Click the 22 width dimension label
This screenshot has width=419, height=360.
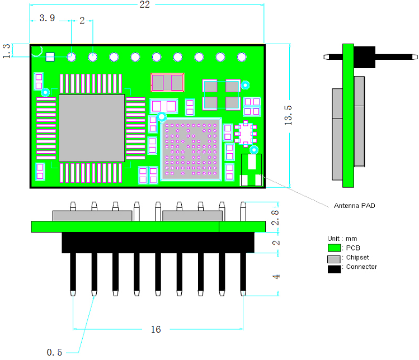click(x=144, y=4)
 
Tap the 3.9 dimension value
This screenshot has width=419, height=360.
click(x=47, y=18)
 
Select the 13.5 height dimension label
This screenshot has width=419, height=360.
click(x=288, y=115)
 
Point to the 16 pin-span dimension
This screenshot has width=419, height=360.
click(x=156, y=329)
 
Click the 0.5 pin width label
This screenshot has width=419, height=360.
click(x=54, y=352)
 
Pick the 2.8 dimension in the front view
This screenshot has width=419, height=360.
click(x=275, y=217)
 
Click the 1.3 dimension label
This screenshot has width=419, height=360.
click(x=6, y=51)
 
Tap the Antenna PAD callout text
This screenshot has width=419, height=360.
click(x=354, y=206)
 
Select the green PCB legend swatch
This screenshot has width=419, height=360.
click(x=334, y=248)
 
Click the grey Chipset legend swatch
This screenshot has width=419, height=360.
click(x=334, y=259)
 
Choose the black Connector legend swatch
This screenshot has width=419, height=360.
click(x=335, y=269)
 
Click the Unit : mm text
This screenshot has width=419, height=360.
click(x=342, y=239)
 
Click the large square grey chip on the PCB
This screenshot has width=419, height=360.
click(x=92, y=128)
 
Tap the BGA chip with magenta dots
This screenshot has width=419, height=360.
click(x=191, y=149)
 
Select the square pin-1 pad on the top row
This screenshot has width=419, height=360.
click(x=50, y=57)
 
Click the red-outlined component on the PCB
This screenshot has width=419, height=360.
click(x=167, y=83)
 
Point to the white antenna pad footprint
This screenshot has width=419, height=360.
click(x=251, y=170)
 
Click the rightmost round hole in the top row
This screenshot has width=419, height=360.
click(x=242, y=57)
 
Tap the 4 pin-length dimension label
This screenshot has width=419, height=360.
click(x=276, y=276)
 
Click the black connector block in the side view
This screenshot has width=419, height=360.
click(x=365, y=57)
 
